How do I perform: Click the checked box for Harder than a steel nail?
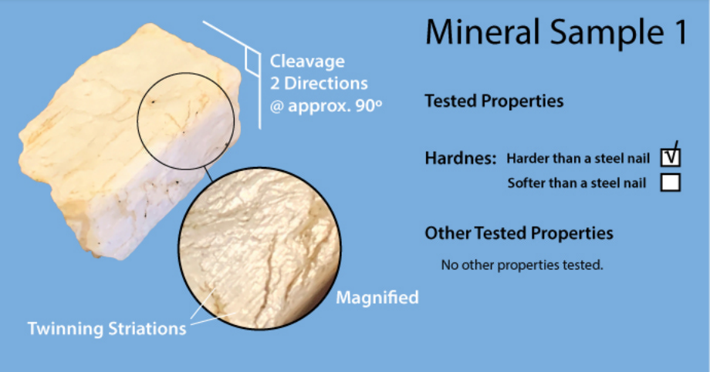(x=670, y=158)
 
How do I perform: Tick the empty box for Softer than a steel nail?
(x=670, y=183)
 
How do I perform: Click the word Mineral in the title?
(x=482, y=32)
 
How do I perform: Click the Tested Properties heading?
(x=494, y=101)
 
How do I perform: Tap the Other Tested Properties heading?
(x=519, y=233)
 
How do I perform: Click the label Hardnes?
(x=461, y=158)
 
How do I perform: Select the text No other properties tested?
(x=522, y=265)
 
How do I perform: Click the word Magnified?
(x=377, y=297)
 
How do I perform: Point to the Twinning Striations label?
(x=106, y=329)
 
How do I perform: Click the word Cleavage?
(x=307, y=62)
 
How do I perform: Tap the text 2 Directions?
(x=319, y=83)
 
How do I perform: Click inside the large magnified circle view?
(x=260, y=249)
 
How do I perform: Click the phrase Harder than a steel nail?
(x=578, y=158)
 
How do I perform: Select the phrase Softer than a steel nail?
(x=577, y=183)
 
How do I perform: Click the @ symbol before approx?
(x=277, y=107)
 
